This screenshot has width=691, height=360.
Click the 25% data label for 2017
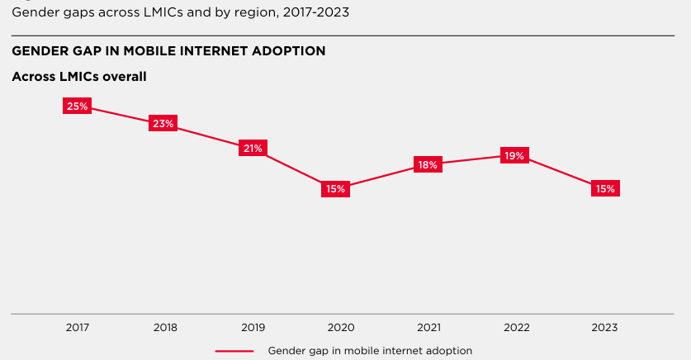(78, 106)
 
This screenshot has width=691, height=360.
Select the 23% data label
(163, 124)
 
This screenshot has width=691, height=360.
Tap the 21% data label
(253, 149)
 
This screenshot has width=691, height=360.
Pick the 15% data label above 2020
(335, 189)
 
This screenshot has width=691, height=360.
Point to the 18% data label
(428, 165)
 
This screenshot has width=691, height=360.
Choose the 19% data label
(515, 156)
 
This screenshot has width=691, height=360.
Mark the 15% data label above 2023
(605, 189)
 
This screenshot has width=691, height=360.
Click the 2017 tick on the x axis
(78, 327)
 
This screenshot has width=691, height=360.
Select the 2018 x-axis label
(165, 327)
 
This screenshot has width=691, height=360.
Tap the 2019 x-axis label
(253, 327)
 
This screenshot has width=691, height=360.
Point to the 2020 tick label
(340, 327)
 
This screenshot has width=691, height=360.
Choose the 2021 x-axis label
(428, 327)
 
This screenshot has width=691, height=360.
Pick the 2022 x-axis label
(516, 327)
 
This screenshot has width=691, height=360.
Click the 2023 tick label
(603, 327)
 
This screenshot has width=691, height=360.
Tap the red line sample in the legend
(234, 351)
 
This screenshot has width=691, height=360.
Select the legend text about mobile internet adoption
(370, 351)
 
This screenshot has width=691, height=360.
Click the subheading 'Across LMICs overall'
(79, 77)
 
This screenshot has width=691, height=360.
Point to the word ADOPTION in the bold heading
(290, 51)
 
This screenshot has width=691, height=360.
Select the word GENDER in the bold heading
(38, 51)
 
